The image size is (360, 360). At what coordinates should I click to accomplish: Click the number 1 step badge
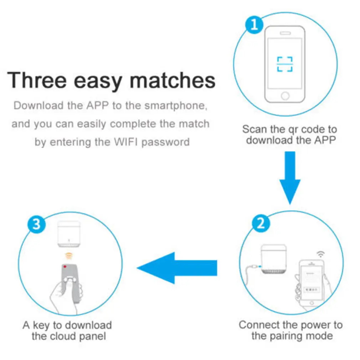tap(254, 25)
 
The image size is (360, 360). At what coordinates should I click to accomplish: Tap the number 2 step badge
tap(261, 223)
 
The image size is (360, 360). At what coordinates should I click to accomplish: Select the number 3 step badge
tap(36, 224)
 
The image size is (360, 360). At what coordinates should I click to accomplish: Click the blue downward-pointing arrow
tap(290, 178)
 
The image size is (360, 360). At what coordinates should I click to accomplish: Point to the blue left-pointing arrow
tap(177, 268)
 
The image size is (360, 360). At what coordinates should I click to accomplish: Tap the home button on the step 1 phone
tap(285, 96)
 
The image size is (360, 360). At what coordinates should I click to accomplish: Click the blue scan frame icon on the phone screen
tap(285, 64)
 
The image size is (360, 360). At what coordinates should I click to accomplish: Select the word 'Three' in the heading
tap(37, 80)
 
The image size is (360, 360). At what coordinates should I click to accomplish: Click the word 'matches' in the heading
tap(173, 80)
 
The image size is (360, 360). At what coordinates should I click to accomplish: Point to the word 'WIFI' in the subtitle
tap(126, 142)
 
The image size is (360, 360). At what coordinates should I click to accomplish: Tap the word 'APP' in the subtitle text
tap(97, 106)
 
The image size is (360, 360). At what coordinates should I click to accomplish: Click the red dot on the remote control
tap(65, 267)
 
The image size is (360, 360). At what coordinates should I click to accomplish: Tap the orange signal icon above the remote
tap(69, 256)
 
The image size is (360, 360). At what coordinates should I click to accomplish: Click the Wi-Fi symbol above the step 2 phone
tap(321, 254)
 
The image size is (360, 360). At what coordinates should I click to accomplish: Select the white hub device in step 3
tap(69, 234)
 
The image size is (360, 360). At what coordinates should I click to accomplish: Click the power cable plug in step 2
tap(255, 267)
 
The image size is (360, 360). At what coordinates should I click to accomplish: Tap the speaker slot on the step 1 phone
tap(285, 33)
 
